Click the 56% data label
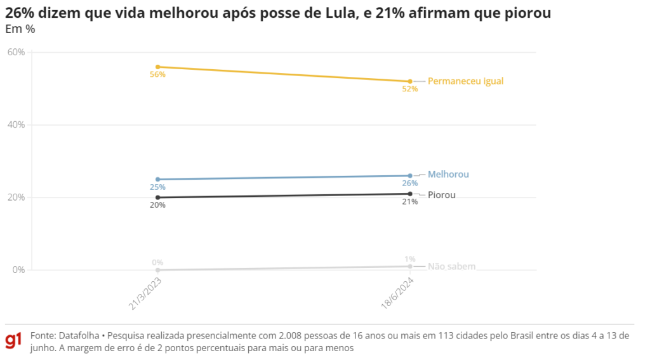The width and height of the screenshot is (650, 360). pyautogui.click(x=157, y=75)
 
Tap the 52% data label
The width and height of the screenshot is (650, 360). pyautogui.click(x=409, y=90)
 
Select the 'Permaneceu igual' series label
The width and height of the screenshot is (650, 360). pyautogui.click(x=465, y=81)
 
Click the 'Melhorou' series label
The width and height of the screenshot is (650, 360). pyautogui.click(x=448, y=174)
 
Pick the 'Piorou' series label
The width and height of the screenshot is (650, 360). pyautogui.click(x=441, y=195)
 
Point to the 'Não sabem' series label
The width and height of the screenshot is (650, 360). pyautogui.click(x=451, y=267)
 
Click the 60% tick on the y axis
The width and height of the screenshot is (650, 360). pyautogui.click(x=16, y=52)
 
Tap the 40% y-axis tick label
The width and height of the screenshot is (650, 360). pyautogui.click(x=16, y=125)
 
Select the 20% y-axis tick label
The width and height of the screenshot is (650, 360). pyautogui.click(x=16, y=197)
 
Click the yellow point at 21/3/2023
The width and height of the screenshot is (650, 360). pyautogui.click(x=157, y=67)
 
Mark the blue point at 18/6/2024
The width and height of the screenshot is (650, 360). pyautogui.click(x=410, y=176)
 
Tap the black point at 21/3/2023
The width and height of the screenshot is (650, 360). pyautogui.click(x=157, y=197)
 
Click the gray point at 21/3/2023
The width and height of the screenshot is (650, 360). pyautogui.click(x=157, y=270)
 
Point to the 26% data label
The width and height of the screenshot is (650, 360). pyautogui.click(x=409, y=183)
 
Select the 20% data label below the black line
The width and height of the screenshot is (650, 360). pyautogui.click(x=157, y=205)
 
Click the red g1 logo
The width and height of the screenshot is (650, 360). pyautogui.click(x=13, y=340)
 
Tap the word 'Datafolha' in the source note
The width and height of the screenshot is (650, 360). pyautogui.click(x=79, y=335)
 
